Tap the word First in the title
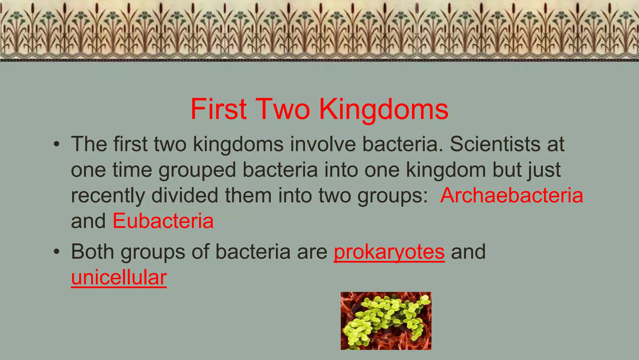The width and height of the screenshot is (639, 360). pyautogui.click(x=218, y=109)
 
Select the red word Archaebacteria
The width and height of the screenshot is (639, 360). pyautogui.click(x=511, y=195)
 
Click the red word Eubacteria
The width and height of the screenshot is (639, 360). pyautogui.click(x=163, y=221)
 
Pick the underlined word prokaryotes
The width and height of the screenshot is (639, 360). pyautogui.click(x=389, y=251)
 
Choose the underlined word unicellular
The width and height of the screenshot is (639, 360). pyautogui.click(x=119, y=277)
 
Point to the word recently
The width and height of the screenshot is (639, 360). pyautogui.click(x=108, y=195)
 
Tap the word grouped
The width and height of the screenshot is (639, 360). pyautogui.click(x=197, y=170)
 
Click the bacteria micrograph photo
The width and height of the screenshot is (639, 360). pyautogui.click(x=386, y=321)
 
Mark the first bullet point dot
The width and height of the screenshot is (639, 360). pyautogui.click(x=56, y=144)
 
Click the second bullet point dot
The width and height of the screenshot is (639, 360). pyautogui.click(x=56, y=252)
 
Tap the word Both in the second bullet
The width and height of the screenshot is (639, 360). pyautogui.click(x=92, y=251)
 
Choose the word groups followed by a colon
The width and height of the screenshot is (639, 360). pyautogui.click(x=392, y=195)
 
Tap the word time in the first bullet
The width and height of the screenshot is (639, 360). pyautogui.click(x=132, y=170)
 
